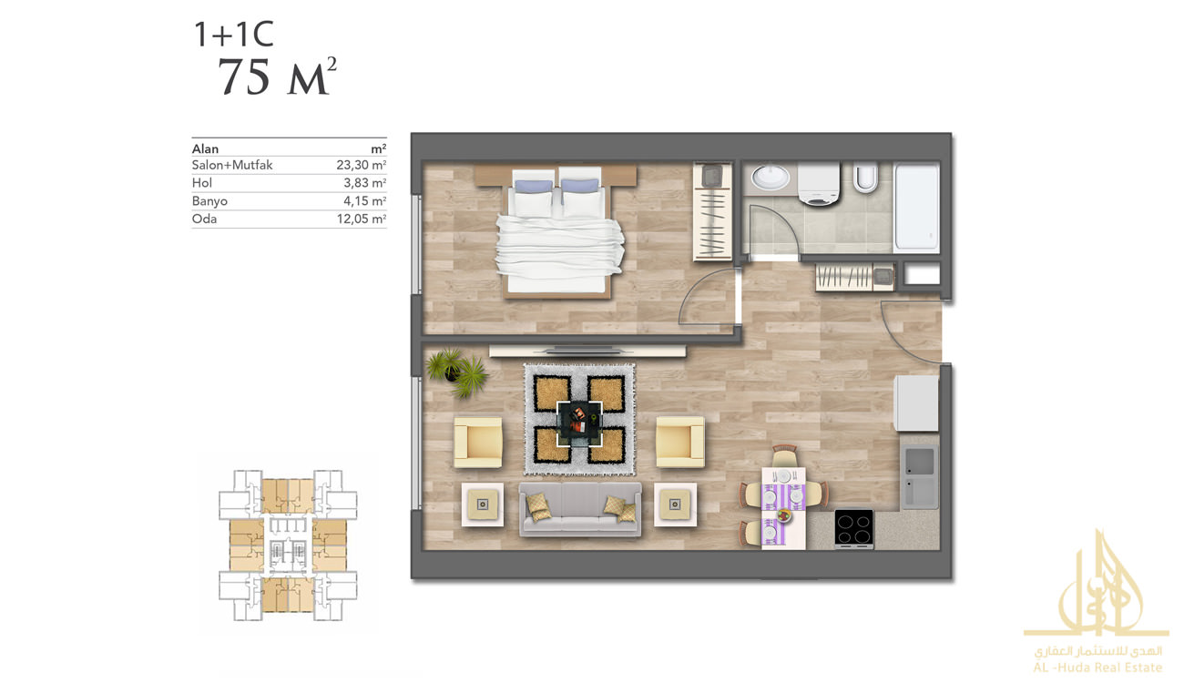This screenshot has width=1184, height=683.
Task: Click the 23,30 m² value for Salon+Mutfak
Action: (x=361, y=165)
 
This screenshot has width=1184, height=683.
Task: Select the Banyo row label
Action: (x=209, y=201)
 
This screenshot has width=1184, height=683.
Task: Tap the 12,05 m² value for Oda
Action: (x=361, y=219)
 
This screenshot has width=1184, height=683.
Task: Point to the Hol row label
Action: (x=202, y=183)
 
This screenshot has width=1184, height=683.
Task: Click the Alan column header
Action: (x=205, y=148)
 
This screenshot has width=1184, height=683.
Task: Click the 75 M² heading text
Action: (x=277, y=76)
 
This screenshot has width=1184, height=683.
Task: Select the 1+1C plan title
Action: (x=234, y=35)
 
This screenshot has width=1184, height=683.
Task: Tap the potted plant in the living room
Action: (x=456, y=372)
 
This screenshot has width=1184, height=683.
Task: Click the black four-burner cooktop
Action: (x=853, y=528)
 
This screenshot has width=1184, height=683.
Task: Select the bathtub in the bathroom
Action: (x=916, y=207)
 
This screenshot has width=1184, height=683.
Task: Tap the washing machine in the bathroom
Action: (x=818, y=184)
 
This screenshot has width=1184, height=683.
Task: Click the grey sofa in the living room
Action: (x=580, y=508)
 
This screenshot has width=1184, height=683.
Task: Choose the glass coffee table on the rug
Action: (x=579, y=423)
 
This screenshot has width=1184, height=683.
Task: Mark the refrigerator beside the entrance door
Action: (x=916, y=403)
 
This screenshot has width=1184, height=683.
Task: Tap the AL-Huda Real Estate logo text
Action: (x=1097, y=668)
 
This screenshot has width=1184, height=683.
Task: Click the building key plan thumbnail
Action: (x=288, y=545)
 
